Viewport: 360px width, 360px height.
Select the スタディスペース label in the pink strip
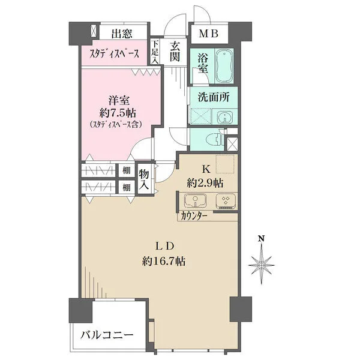click(115, 53)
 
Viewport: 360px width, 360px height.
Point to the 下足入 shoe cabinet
click(155, 52)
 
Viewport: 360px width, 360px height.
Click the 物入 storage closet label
click(145, 179)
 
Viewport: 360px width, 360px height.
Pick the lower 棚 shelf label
click(127, 187)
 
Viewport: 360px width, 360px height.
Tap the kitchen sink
click(196, 201)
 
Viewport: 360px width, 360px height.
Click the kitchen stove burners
click(226, 201)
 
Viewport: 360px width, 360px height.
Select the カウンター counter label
click(194, 216)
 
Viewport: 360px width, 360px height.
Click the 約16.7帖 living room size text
click(163, 261)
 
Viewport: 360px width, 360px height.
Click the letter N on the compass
click(262, 238)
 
